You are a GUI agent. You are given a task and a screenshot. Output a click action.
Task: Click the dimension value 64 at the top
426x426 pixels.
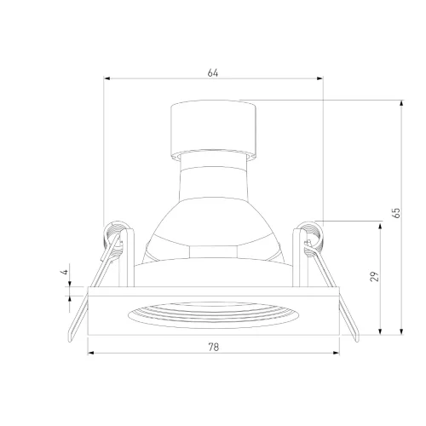click(x=213, y=72)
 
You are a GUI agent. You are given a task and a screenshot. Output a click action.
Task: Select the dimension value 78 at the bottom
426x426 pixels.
click(x=214, y=347)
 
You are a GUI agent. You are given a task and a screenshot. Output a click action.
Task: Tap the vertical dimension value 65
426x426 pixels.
click(x=396, y=213)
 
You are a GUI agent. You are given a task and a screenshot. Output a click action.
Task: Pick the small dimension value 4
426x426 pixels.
click(x=65, y=272)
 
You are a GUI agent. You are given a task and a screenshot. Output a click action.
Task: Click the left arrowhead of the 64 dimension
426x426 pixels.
click(x=106, y=78)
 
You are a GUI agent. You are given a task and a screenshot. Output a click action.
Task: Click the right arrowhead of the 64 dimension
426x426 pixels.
click(x=319, y=78)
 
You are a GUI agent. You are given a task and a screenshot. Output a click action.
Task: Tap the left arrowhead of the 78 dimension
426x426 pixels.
click(x=91, y=353)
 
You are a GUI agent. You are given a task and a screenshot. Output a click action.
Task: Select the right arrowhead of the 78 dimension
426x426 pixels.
click(x=337, y=353)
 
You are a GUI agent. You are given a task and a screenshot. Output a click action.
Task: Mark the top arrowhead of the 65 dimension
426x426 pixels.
click(x=401, y=103)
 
